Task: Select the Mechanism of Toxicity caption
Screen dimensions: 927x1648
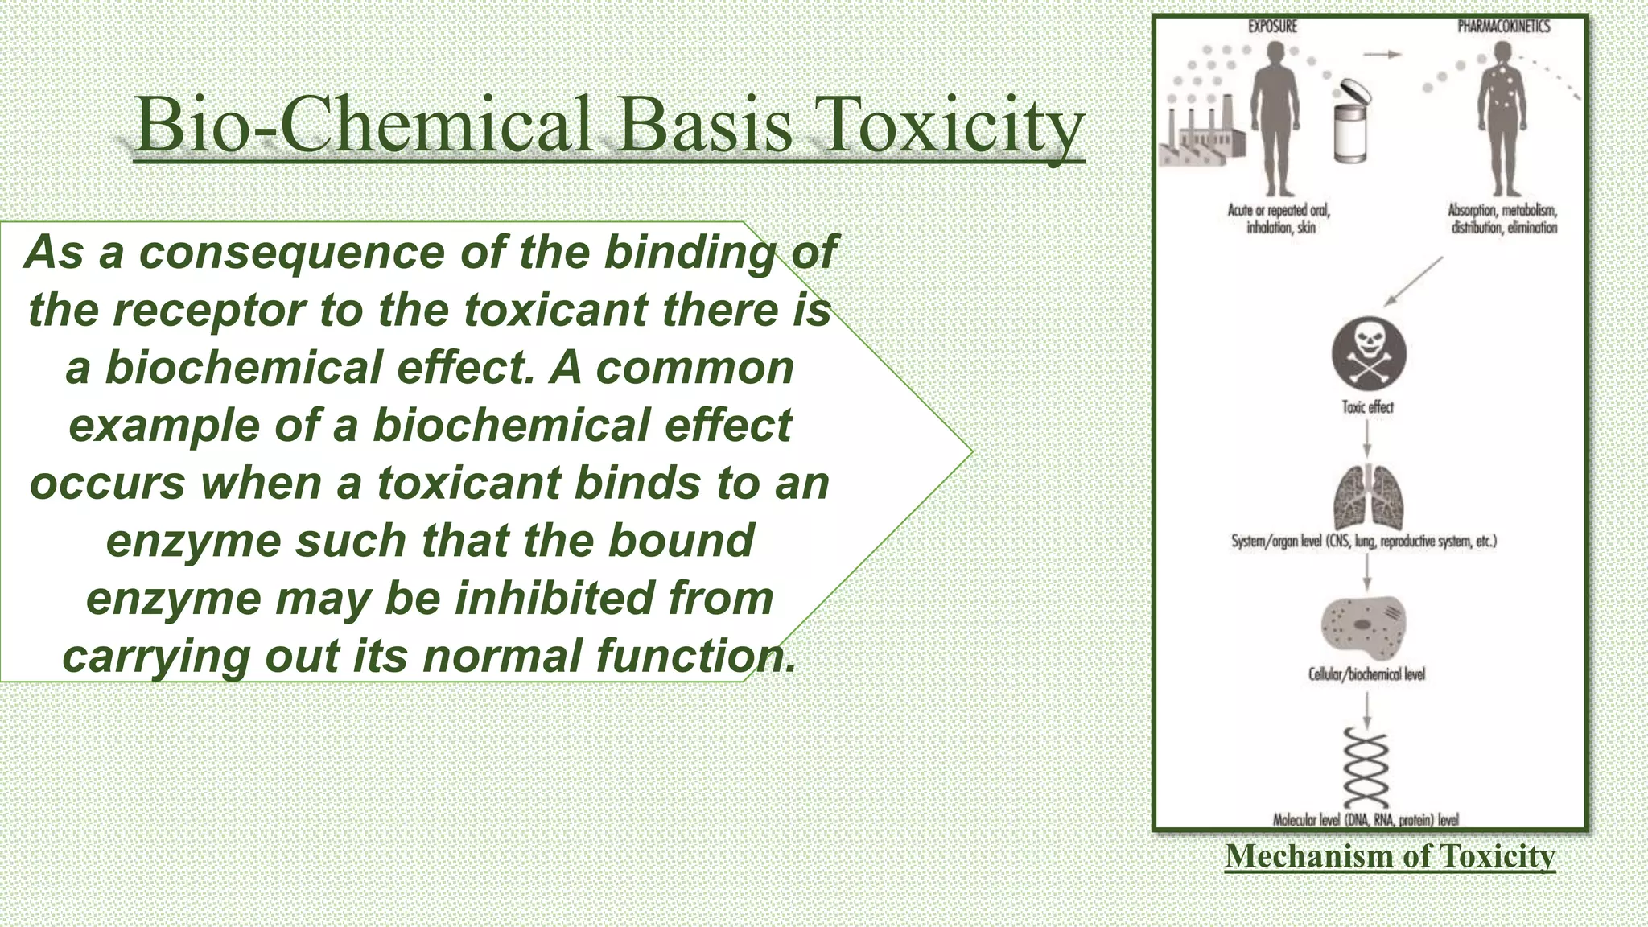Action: click(x=1390, y=856)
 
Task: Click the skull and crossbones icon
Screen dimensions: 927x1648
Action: click(x=1369, y=355)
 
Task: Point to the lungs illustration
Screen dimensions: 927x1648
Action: click(x=1368, y=498)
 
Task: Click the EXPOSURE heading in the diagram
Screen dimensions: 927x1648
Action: click(x=1272, y=27)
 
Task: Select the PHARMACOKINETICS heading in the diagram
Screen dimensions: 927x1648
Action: click(x=1503, y=27)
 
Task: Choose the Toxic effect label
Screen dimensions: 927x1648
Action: click(x=1367, y=407)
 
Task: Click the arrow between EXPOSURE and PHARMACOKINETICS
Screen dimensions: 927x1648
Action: click(x=1382, y=55)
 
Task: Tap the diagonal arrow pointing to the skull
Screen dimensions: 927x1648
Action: click(x=1413, y=282)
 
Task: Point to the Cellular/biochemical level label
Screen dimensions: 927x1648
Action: click(x=1366, y=674)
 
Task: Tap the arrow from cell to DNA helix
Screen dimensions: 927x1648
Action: click(x=1366, y=709)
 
